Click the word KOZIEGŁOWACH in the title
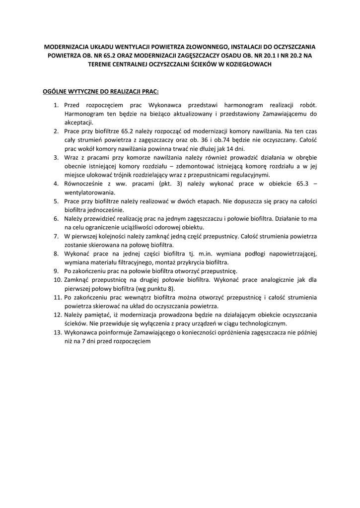tap(247, 65)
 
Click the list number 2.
tap(57, 131)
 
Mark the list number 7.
tap(57, 236)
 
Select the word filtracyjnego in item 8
tap(134, 262)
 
